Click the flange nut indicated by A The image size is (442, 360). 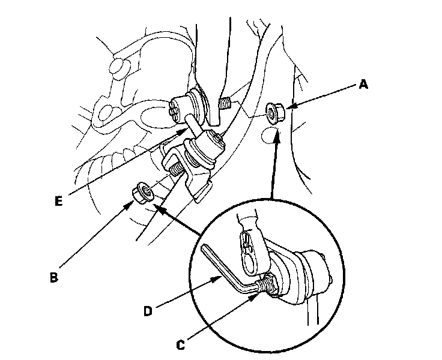tap(274, 110)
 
